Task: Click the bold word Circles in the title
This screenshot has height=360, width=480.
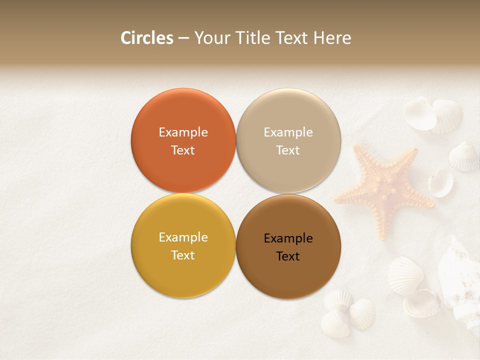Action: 147,38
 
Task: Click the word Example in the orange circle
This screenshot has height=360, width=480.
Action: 183,132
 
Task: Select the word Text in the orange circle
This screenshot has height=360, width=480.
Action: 183,150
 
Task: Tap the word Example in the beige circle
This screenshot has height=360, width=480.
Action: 288,132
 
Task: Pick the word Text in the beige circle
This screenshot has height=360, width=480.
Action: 288,150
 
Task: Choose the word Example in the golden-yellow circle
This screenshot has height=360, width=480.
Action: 183,237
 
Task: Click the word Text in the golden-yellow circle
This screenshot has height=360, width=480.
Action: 183,255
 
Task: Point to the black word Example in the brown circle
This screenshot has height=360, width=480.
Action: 288,238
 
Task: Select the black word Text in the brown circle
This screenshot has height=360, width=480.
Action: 288,256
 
